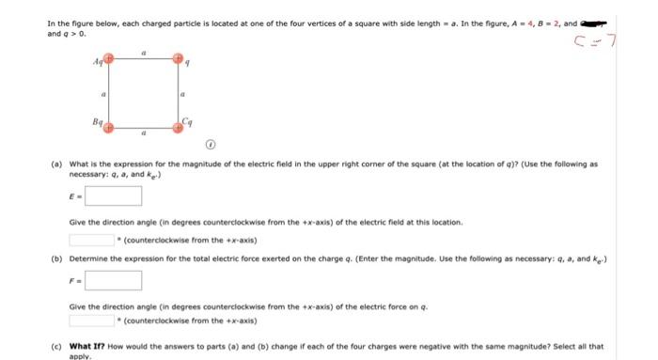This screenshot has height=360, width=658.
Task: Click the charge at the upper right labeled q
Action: pos(180,60)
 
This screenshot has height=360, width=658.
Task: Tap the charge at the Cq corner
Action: pos(179,125)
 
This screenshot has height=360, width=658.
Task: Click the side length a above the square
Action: pos(143,54)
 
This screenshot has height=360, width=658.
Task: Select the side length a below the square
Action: pos(143,133)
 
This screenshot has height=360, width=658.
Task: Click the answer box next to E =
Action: pos(115,196)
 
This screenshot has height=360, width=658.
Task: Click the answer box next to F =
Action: pos(115,280)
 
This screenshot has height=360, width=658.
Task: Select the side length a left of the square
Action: pos(102,94)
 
